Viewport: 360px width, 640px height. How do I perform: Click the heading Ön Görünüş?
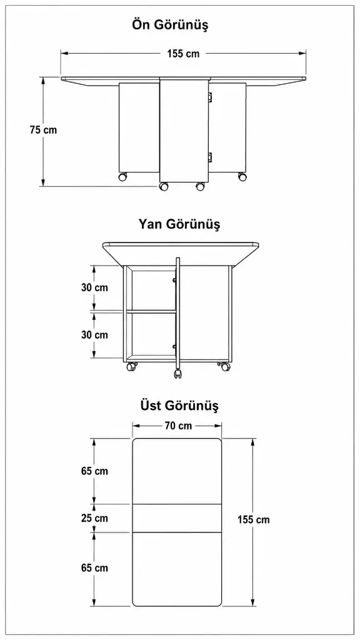click(170, 25)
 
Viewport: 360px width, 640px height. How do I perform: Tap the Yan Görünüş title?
click(179, 224)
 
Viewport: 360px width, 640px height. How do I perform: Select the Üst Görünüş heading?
click(179, 406)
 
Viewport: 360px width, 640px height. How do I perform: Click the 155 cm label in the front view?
click(183, 54)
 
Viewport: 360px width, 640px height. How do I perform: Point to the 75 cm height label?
click(43, 130)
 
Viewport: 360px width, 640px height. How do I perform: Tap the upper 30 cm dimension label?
click(95, 287)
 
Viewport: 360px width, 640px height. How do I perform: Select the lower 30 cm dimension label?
click(95, 335)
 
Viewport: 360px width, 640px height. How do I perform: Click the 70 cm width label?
click(178, 426)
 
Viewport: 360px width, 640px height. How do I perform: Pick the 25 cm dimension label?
click(95, 518)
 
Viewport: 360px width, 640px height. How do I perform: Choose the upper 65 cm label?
click(95, 471)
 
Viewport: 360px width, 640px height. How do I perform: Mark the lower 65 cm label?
click(95, 567)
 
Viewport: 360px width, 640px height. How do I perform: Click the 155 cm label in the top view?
click(254, 519)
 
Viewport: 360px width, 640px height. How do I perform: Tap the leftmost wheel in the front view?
click(122, 177)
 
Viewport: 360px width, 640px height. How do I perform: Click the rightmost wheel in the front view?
click(242, 177)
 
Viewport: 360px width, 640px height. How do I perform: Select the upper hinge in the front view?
click(210, 97)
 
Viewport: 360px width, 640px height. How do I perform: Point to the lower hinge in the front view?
click(210, 156)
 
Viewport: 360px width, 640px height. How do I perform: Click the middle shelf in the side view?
click(151, 311)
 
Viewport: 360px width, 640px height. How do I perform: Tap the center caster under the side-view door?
click(178, 374)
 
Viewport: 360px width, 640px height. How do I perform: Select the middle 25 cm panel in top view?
click(177, 518)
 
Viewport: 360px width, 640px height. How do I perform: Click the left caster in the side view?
click(131, 366)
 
